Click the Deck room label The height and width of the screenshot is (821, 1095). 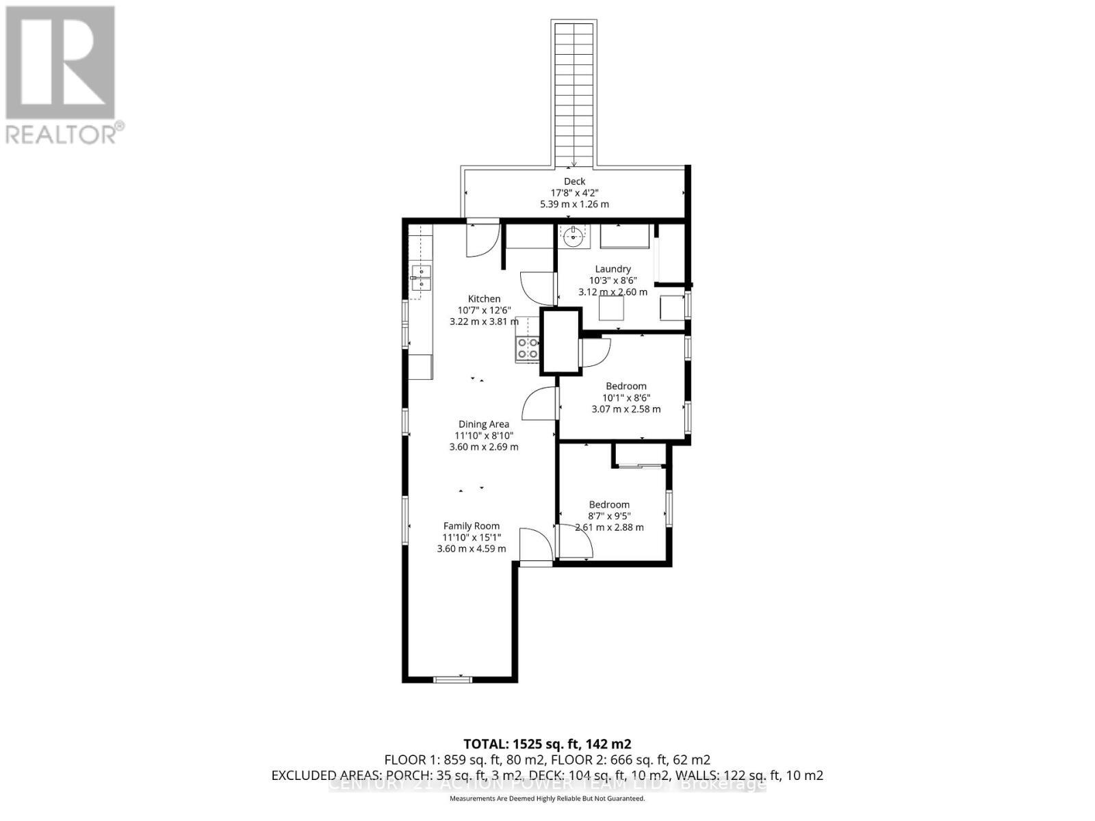coord(574,181)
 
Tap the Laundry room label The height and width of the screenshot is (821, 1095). coord(613,269)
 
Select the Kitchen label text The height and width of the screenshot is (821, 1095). coord(484,299)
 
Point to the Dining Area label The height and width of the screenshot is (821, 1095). coord(484,424)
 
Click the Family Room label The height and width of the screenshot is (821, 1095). coord(472,526)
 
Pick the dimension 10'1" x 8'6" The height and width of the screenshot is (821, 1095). coord(626,398)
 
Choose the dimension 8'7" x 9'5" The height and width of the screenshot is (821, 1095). coord(609,517)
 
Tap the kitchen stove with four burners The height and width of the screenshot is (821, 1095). coord(528,348)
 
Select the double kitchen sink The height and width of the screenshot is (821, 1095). coord(420,278)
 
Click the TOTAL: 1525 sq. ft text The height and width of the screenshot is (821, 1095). coord(547,744)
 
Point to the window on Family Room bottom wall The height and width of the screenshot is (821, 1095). coord(453,679)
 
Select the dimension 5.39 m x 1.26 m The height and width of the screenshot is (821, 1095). coord(574,205)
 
